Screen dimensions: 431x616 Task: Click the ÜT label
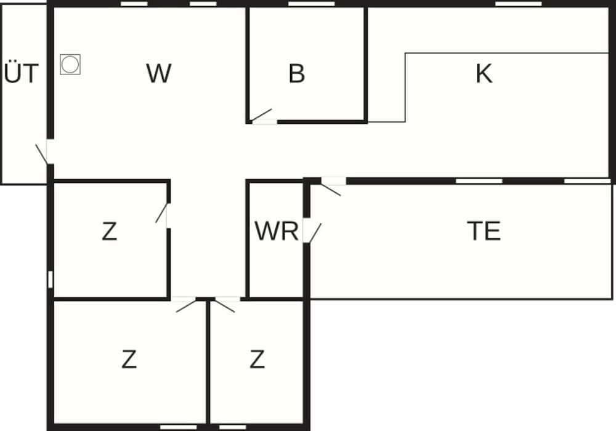point(22,74)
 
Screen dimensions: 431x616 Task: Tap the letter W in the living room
point(158,74)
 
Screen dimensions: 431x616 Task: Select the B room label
point(296,74)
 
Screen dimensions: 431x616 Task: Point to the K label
point(484,74)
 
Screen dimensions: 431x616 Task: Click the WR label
point(277,232)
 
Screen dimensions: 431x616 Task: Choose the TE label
point(484,232)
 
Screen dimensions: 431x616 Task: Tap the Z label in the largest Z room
point(129,360)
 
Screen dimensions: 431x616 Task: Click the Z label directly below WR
point(257,360)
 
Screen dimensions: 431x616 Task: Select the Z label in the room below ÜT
point(109,232)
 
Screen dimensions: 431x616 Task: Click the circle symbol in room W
point(70,64)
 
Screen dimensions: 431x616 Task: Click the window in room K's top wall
point(518,4)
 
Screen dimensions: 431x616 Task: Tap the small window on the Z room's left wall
point(51,279)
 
